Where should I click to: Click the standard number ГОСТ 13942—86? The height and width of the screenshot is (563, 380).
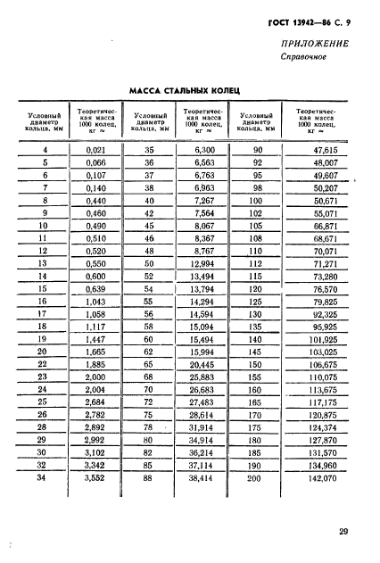[x=294, y=20]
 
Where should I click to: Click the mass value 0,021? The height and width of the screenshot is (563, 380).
[x=94, y=150]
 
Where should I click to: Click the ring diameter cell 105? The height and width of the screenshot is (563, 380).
[x=257, y=227]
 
